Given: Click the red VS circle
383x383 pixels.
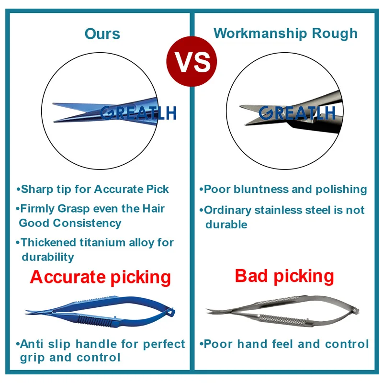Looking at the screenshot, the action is (x=191, y=61).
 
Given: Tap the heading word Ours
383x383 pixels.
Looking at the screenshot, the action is (x=102, y=34).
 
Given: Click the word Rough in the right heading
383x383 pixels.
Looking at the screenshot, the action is (x=335, y=33).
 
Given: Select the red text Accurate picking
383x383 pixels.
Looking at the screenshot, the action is (x=101, y=278).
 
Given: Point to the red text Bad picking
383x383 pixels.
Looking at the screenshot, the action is (x=284, y=276).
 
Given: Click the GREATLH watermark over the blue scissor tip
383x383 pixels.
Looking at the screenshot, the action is (x=138, y=113).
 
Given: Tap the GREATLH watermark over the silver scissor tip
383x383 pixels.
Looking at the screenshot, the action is (x=297, y=113).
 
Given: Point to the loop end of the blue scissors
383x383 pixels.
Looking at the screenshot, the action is (x=171, y=312).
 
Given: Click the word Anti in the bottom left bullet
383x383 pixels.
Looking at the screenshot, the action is (x=32, y=344).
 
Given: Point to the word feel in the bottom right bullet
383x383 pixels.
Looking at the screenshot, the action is (x=282, y=344).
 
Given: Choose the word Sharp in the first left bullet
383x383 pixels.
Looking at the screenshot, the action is (x=37, y=190).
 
